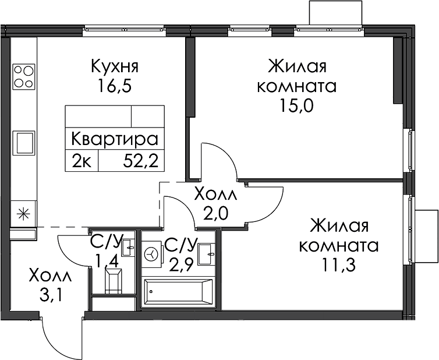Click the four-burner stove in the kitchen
[24, 76]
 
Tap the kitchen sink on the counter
[26, 143]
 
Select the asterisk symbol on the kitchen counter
[24, 214]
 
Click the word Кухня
[115, 67]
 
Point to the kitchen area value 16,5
[115, 86]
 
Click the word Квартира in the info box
[115, 139]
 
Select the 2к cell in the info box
[82, 161]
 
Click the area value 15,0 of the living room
[296, 105]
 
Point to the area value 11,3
[339, 264]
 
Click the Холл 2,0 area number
[216, 214]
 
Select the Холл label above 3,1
[51, 276]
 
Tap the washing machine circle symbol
[151, 255]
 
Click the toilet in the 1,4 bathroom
[114, 280]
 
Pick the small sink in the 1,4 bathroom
[129, 248]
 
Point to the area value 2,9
[181, 264]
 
